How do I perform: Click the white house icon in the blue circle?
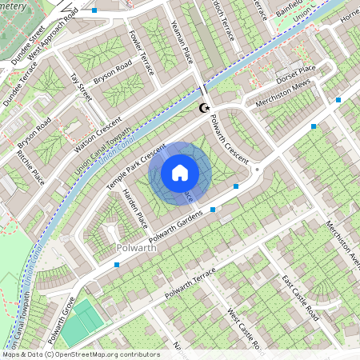pos(180,172)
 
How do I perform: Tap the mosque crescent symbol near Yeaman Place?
pos(204,107)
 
